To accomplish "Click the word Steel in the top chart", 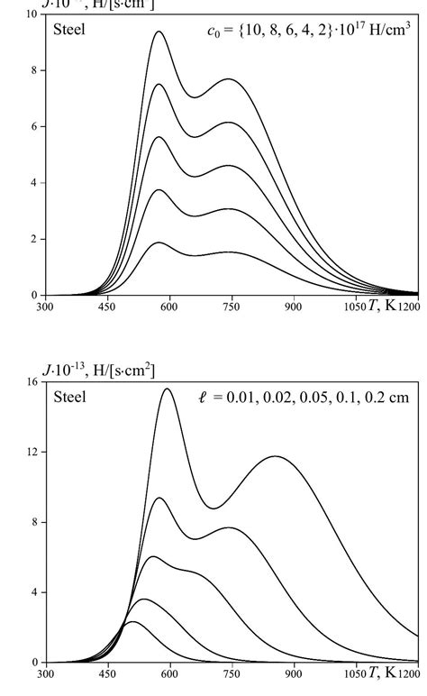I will click(x=69, y=29).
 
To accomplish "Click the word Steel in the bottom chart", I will click(x=69, y=397).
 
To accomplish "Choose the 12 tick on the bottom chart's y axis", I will click(x=34, y=452).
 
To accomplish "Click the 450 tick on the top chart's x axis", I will click(x=107, y=307).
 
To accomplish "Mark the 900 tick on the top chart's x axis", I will click(x=293, y=307).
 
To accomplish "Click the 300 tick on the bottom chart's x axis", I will click(x=45, y=673).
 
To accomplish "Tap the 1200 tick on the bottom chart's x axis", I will click(x=411, y=673).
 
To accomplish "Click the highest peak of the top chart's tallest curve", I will click(x=159, y=32).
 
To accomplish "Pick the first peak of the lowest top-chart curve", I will click(x=159, y=243).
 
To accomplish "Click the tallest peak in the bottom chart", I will click(x=168, y=389).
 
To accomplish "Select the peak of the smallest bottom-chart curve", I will click(x=132, y=622).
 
